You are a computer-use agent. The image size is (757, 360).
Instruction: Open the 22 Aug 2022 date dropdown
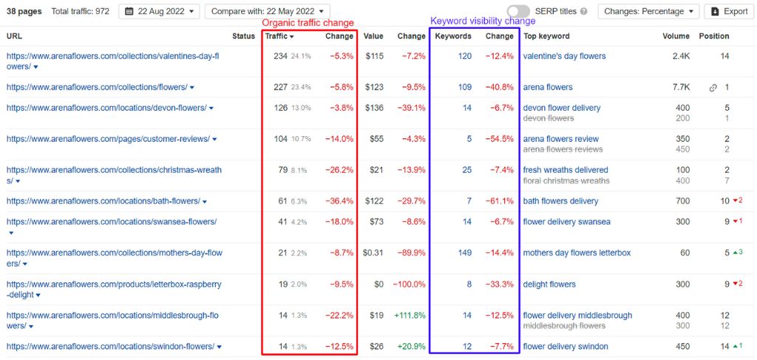(x=159, y=11)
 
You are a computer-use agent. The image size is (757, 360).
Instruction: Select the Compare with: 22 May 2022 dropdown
(x=267, y=11)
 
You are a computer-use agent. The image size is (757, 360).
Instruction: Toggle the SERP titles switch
(x=518, y=11)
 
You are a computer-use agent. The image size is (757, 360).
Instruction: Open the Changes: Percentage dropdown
(x=648, y=11)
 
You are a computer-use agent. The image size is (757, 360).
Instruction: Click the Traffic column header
(x=279, y=36)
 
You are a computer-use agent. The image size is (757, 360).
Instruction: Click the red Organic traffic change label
(x=308, y=22)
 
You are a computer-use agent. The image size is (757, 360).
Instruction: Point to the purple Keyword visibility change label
(x=472, y=22)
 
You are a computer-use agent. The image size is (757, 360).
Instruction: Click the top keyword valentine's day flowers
(x=564, y=56)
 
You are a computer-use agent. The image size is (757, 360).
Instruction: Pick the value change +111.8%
(x=410, y=316)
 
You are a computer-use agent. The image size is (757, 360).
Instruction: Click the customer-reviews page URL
(x=108, y=139)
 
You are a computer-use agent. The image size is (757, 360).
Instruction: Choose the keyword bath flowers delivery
(x=560, y=201)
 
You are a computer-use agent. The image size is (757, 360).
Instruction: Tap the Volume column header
(x=676, y=36)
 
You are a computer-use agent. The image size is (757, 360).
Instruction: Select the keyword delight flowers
(x=549, y=285)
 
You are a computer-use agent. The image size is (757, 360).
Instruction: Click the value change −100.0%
(x=410, y=285)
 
